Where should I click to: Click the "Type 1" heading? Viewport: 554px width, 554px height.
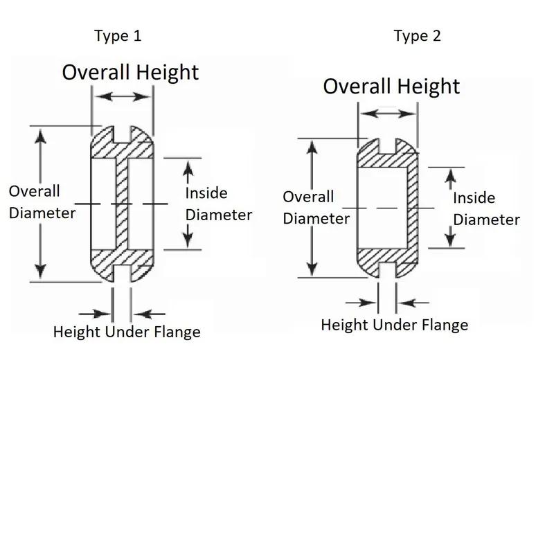tap(118, 37)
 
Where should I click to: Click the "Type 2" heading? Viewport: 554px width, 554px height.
tap(418, 37)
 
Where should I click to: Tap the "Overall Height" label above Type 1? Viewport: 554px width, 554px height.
tap(131, 72)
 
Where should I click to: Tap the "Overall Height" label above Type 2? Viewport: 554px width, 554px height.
tap(391, 86)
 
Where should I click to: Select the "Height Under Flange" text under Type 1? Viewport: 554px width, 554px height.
tap(127, 332)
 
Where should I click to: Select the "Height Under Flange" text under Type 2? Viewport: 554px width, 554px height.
tap(394, 324)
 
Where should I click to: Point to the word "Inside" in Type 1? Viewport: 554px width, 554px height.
tap(206, 193)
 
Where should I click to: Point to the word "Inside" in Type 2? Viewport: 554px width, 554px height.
tap(474, 198)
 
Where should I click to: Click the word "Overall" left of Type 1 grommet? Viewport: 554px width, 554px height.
tap(35, 191)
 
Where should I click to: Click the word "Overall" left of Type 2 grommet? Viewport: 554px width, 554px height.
tap(308, 197)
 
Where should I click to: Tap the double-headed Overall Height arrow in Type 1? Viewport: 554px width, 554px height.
tap(122, 97)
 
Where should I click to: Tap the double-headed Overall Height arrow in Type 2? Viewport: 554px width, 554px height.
tap(388, 112)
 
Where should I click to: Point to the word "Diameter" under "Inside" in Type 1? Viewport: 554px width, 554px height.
tap(219, 215)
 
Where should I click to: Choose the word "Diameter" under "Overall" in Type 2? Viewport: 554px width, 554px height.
tap(316, 219)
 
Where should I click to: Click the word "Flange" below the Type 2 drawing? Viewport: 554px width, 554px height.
tap(444, 324)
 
